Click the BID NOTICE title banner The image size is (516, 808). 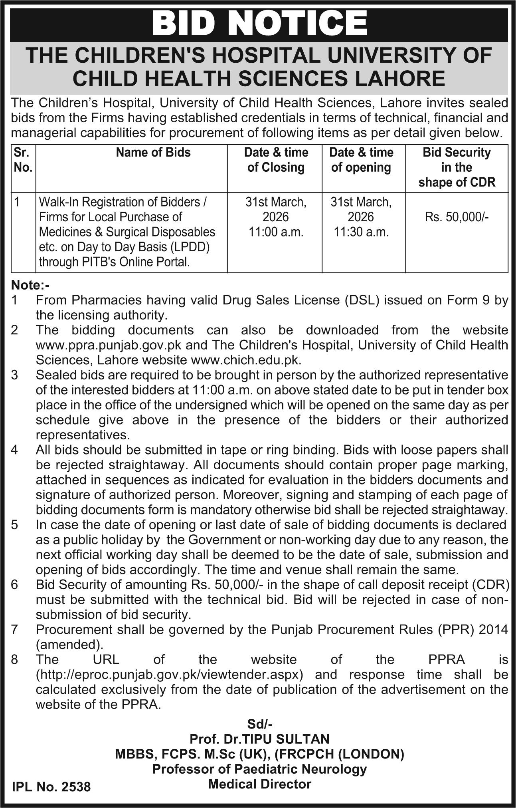259,24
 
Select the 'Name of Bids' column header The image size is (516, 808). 153,152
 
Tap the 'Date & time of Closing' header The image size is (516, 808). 276,160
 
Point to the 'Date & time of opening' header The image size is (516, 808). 361,160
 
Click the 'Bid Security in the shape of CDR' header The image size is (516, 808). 457,167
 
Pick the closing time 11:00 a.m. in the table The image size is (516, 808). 276,232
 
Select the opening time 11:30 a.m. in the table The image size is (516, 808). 361,232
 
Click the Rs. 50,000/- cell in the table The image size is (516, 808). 457,217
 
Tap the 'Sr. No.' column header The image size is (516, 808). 23,160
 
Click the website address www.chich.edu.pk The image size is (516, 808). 246,360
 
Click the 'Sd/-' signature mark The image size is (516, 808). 260,724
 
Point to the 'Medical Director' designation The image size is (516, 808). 260,784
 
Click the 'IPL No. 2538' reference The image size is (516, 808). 51,787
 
